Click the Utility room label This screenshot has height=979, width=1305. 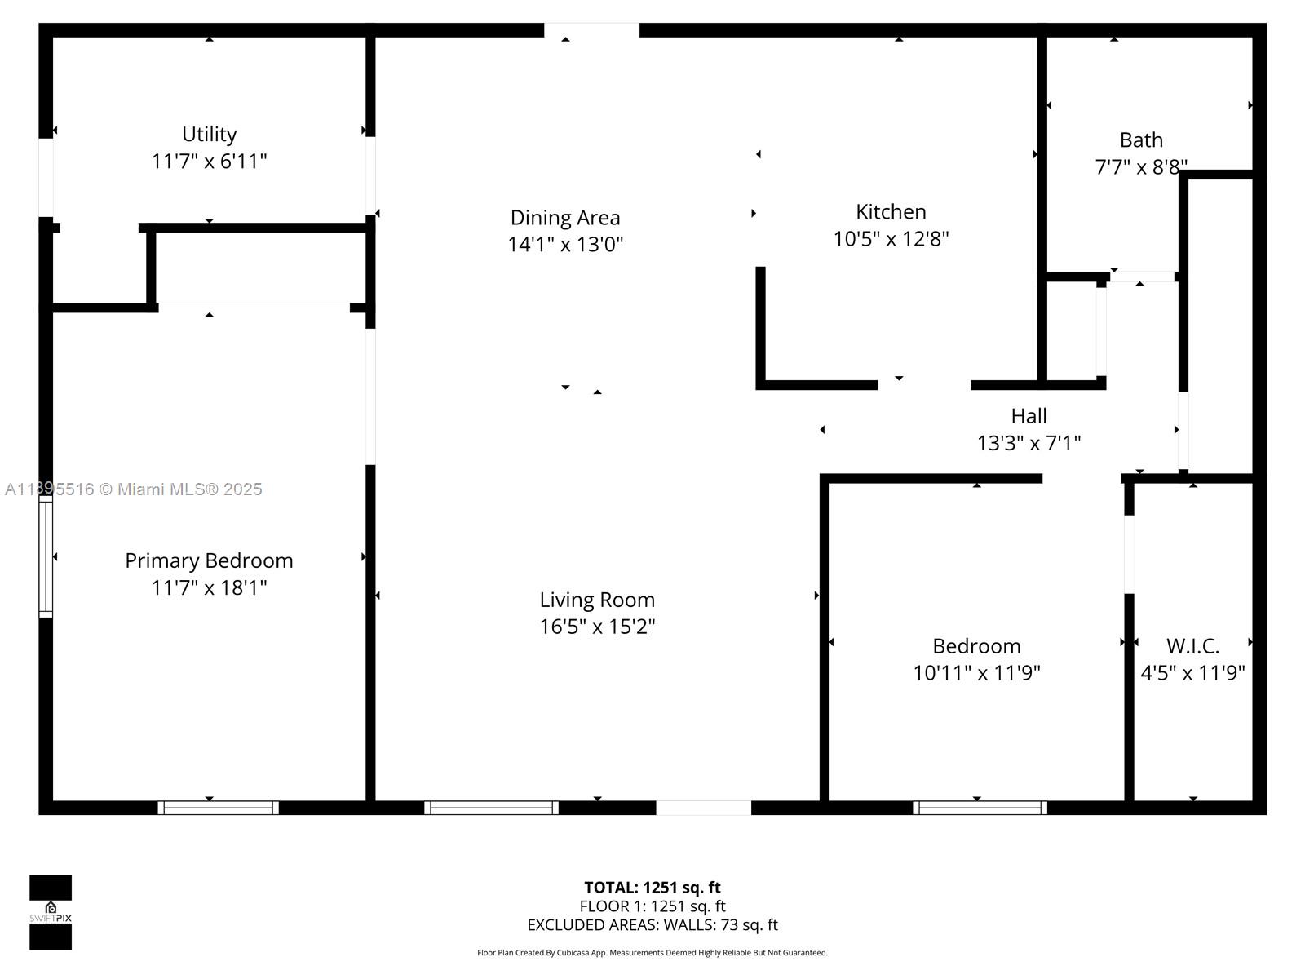[209, 134]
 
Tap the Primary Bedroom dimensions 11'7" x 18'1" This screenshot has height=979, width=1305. [209, 587]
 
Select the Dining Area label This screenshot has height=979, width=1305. [565, 218]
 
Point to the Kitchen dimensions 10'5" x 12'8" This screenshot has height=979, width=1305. [891, 239]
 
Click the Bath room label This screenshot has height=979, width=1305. [1140, 140]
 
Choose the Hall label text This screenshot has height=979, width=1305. [1029, 416]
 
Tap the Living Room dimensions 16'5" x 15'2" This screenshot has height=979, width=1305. [597, 627]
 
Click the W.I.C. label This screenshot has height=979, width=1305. [1192, 646]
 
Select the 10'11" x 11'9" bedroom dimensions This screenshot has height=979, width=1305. [976, 673]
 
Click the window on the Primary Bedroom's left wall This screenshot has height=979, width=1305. [46, 556]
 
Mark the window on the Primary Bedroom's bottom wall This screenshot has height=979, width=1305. [218, 808]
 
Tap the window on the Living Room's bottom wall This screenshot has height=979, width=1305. [491, 808]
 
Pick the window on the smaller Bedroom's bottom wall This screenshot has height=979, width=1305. [979, 808]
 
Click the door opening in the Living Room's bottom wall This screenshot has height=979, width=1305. [703, 808]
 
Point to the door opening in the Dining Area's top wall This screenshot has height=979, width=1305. [591, 30]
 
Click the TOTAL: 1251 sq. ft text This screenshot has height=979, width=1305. [652, 888]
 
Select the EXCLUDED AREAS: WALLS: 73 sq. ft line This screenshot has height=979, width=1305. [652, 925]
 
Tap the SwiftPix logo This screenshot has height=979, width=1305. [51, 912]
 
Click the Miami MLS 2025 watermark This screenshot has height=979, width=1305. [134, 489]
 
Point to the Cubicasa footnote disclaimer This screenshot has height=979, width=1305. [652, 953]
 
